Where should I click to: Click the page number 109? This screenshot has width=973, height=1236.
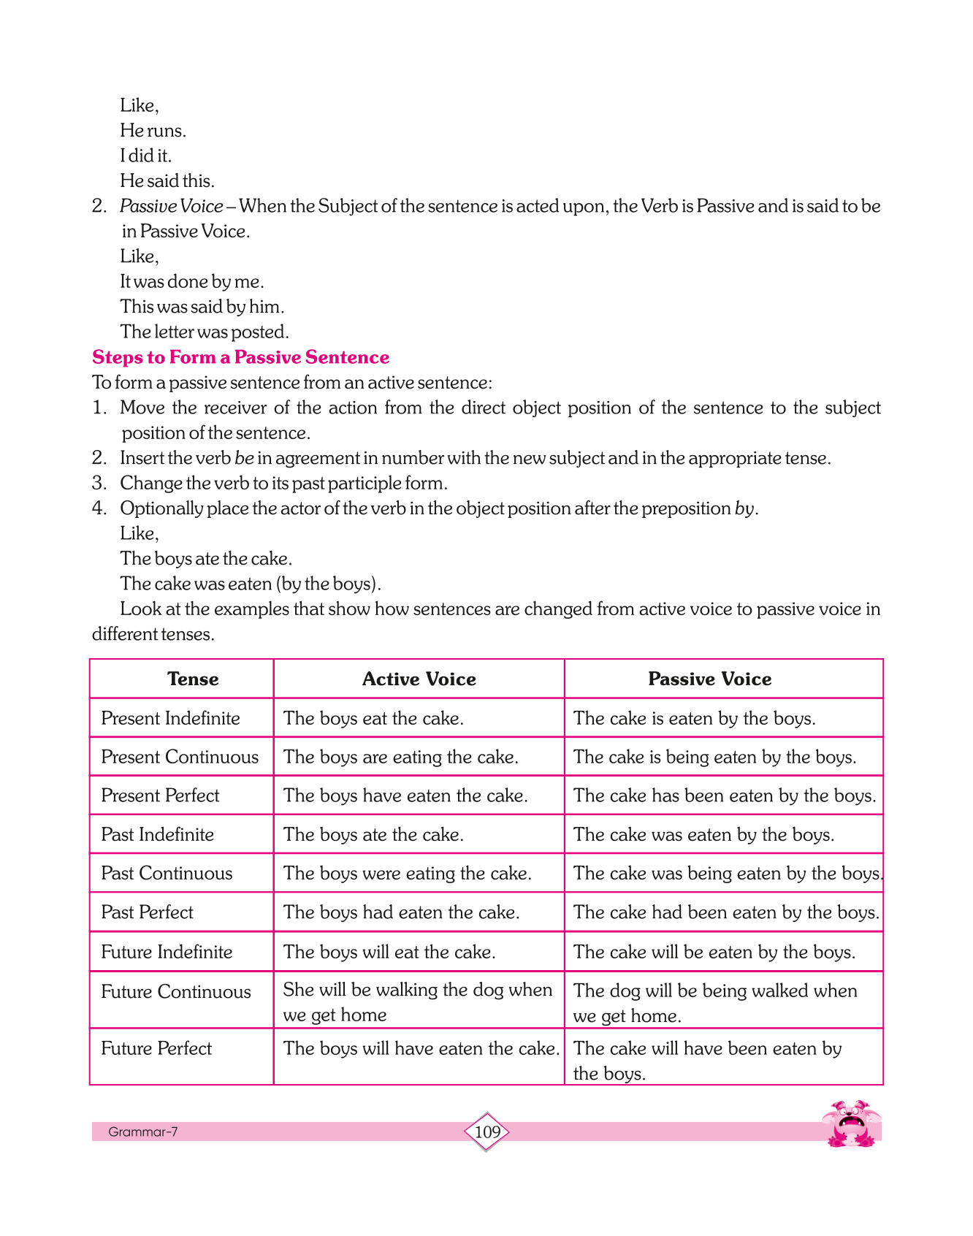click(x=487, y=1132)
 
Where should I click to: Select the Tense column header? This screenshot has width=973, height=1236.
click(x=193, y=679)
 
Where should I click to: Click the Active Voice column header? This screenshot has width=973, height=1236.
click(x=419, y=679)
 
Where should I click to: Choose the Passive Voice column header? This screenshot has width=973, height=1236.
click(x=709, y=679)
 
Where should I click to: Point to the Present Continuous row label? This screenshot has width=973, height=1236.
click(x=180, y=757)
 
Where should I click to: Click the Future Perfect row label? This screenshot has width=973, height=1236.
click(x=156, y=1048)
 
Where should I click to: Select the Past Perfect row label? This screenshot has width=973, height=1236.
click(x=147, y=912)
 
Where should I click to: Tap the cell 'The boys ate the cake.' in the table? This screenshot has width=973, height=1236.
click(x=373, y=835)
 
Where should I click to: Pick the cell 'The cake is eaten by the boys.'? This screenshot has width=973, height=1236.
click(x=694, y=719)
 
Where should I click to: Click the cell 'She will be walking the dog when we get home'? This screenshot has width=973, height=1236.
click(x=418, y=1002)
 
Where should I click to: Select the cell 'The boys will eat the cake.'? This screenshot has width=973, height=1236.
click(x=389, y=952)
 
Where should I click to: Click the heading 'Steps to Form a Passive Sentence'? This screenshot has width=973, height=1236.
click(x=240, y=357)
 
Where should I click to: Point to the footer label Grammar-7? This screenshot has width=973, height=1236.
click(x=142, y=1132)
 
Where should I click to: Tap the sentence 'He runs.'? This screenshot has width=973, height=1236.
click(x=153, y=131)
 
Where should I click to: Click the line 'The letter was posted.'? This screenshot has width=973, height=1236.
click(x=205, y=332)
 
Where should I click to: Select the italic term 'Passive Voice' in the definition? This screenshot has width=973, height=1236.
click(x=171, y=207)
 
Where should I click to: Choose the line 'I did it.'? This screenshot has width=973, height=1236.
click(x=145, y=156)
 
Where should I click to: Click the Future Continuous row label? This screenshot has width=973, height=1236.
click(x=175, y=991)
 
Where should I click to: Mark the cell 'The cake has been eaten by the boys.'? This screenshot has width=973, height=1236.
click(x=724, y=796)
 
